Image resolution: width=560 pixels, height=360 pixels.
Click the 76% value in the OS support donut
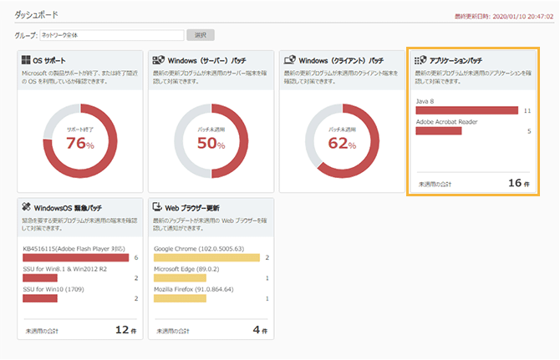[x=80, y=144]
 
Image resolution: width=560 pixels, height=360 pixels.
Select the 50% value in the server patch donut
[x=211, y=144]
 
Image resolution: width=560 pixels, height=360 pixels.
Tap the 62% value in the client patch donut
[x=343, y=144]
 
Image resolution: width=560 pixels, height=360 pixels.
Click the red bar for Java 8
[x=467, y=110]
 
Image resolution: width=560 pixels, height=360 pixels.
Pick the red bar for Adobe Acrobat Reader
[x=439, y=130]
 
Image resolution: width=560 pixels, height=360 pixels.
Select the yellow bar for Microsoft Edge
[x=181, y=278]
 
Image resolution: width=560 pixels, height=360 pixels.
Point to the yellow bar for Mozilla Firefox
[x=181, y=298]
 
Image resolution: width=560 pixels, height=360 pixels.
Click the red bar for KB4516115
[x=76, y=258]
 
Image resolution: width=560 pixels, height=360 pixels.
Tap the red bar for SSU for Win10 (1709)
[x=40, y=298]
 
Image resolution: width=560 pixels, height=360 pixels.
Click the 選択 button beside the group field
[x=201, y=35]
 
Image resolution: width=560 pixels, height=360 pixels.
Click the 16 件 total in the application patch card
[x=519, y=183]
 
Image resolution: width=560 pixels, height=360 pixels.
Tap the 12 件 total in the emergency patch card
[x=125, y=330]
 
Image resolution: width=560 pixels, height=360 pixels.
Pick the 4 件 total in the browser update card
[x=259, y=330]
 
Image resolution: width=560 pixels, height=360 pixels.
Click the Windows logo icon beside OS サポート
[x=26, y=60]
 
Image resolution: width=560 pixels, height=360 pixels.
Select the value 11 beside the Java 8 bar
[x=527, y=110]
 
